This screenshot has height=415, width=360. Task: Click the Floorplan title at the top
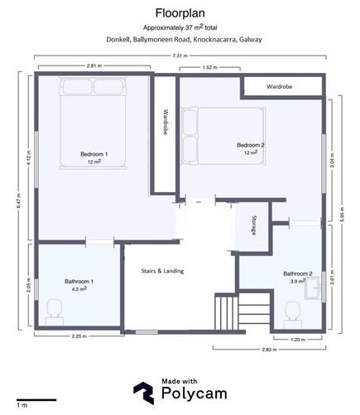point(180,12)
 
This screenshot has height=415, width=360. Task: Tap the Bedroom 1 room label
point(93,155)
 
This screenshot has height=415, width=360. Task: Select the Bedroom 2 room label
point(251,146)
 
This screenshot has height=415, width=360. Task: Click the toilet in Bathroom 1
point(55,310)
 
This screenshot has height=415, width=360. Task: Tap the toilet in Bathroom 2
point(292,311)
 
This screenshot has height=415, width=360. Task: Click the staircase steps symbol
point(226,313)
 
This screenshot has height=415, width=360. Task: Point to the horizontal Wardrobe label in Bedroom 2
point(281,86)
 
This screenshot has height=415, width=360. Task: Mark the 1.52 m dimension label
point(209,67)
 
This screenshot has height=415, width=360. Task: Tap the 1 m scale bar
point(36,401)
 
